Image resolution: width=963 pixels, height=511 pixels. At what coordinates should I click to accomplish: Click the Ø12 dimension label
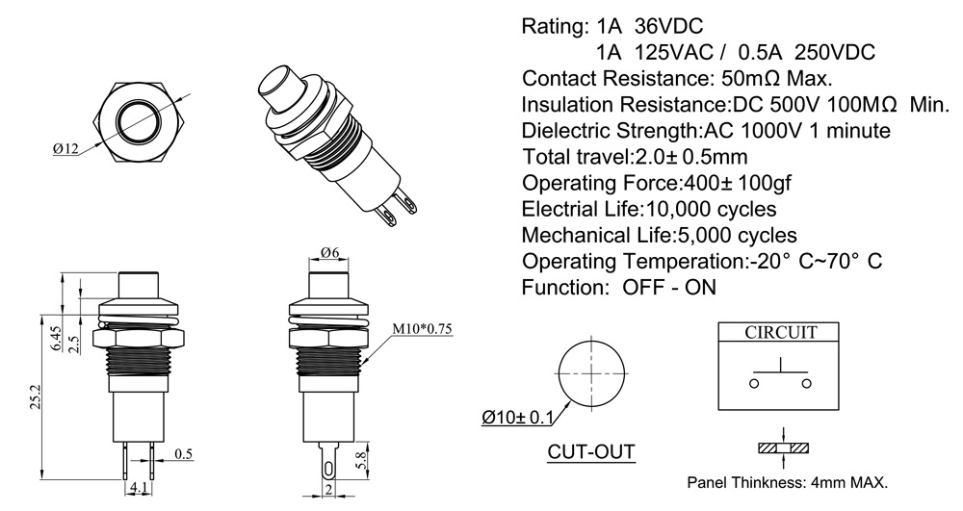(x=65, y=148)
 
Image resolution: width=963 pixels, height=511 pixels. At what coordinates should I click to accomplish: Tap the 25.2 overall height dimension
(x=35, y=397)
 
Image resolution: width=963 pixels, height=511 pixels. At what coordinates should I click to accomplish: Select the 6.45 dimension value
(x=57, y=338)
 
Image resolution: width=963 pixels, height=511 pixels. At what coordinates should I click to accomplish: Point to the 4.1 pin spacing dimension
(x=138, y=488)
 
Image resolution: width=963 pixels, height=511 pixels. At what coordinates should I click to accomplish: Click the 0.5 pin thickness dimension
(x=184, y=454)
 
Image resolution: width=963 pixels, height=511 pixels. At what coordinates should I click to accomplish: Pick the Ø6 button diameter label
(x=329, y=252)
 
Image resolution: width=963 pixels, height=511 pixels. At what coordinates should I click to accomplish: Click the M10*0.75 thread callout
(x=422, y=329)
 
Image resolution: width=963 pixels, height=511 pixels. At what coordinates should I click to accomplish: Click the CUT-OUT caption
(x=591, y=452)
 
